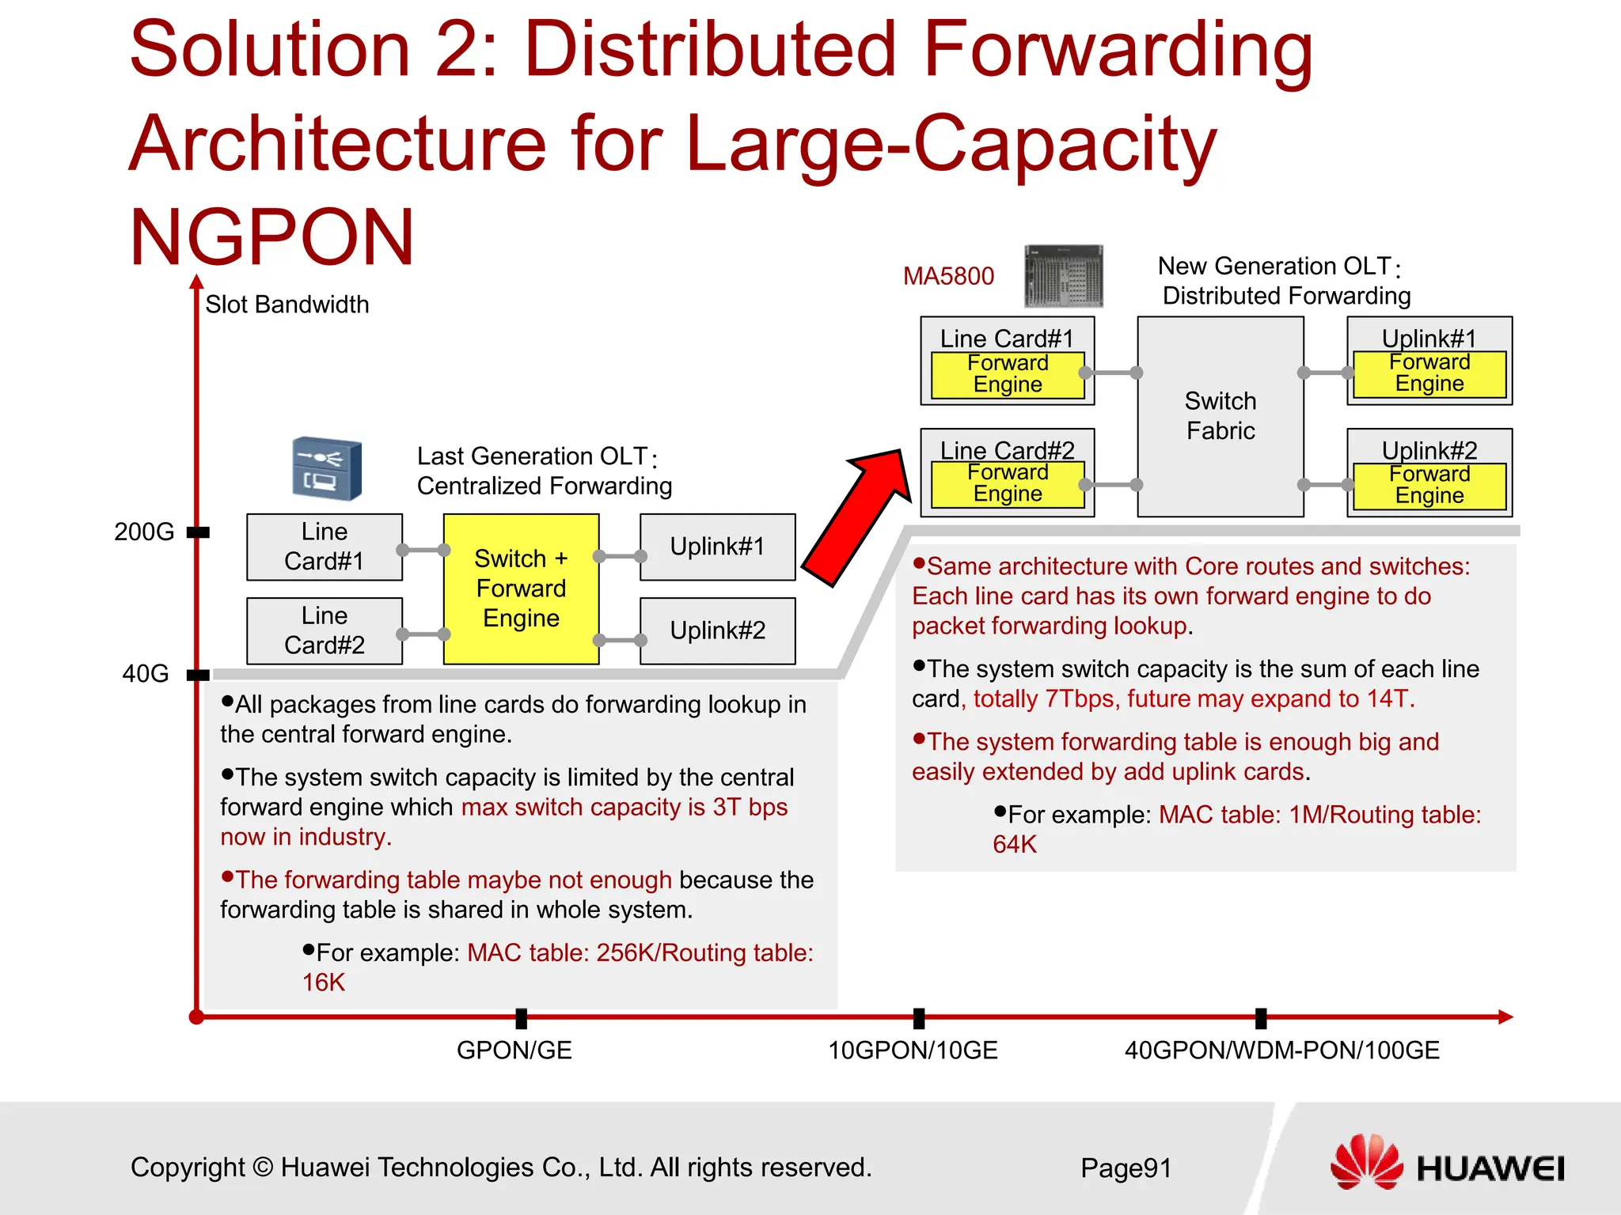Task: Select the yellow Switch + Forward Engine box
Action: pos(521,589)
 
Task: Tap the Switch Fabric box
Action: pos(1220,416)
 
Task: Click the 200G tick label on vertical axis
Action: pos(144,532)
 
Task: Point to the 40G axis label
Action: pos(146,674)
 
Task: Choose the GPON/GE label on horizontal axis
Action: pos(514,1050)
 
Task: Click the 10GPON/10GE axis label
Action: pos(913,1050)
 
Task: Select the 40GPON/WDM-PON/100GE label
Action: pos(1281,1050)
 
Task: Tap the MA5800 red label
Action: pos(948,276)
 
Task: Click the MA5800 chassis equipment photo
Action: pos(1063,276)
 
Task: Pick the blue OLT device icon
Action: pos(327,468)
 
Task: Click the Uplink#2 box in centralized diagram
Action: pos(717,630)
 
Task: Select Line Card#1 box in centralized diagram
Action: pos(325,547)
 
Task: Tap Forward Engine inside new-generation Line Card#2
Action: pos(1008,483)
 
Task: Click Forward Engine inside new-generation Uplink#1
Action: pos(1429,373)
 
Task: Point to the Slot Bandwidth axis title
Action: pos(287,305)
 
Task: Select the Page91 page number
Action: pos(1126,1168)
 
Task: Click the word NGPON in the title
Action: pos(271,237)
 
